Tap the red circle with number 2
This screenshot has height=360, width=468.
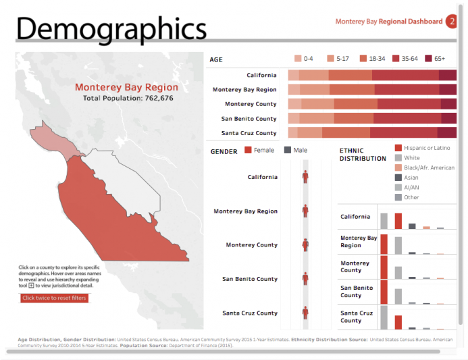click(x=451, y=22)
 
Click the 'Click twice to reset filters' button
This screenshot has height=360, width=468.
click(x=54, y=298)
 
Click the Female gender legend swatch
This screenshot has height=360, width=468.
click(x=249, y=150)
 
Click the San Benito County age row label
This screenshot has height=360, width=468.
click(x=249, y=119)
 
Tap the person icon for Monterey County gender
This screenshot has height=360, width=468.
click(x=305, y=245)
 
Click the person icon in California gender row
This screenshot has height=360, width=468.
click(x=305, y=176)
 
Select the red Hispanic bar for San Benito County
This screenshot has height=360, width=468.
click(x=384, y=292)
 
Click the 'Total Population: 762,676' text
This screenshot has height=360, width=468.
click(x=128, y=99)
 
